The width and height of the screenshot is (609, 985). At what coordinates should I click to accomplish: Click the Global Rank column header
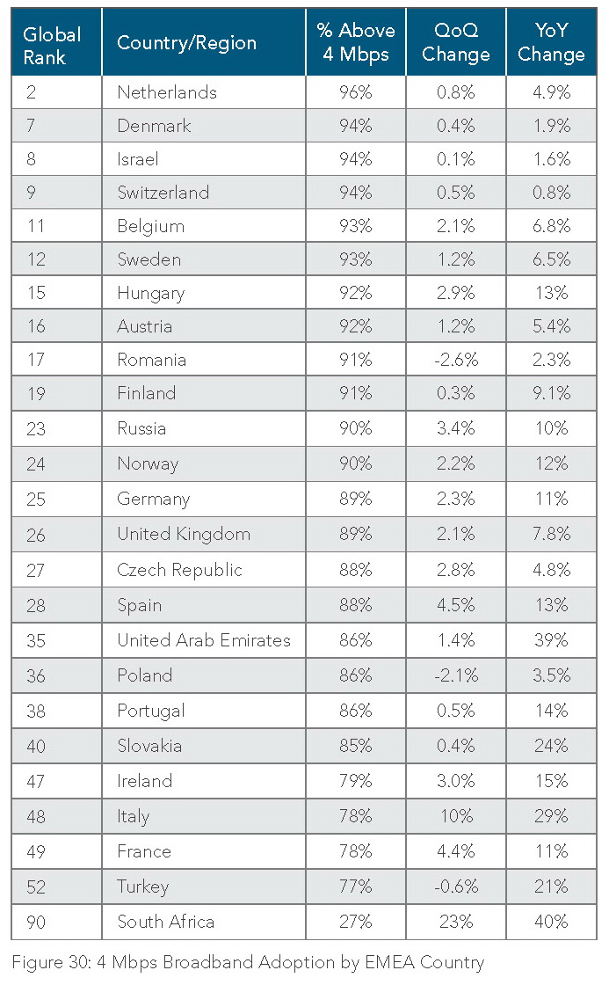[x=52, y=43]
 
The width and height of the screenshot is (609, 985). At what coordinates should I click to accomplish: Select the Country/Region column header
[x=186, y=43]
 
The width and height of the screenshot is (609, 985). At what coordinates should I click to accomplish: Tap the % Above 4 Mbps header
[x=356, y=42]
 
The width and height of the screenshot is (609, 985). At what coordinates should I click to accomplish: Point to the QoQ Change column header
[x=455, y=42]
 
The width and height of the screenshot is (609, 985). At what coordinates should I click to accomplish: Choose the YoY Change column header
[x=551, y=42]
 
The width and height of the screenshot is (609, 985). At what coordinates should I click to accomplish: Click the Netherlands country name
[x=167, y=92]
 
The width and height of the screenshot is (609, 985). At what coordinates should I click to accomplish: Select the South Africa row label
[x=165, y=922]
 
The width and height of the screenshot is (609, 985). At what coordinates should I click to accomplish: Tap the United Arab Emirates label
[x=204, y=640]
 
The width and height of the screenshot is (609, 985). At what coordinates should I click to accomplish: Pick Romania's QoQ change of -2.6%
[x=455, y=360]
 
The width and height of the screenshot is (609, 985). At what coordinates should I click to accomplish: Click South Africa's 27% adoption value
[x=356, y=922]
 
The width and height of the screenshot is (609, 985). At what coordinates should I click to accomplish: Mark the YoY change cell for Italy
[x=551, y=816]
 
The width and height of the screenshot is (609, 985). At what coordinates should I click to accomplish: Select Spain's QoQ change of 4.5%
[x=456, y=605]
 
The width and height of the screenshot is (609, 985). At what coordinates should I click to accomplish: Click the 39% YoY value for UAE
[x=551, y=640]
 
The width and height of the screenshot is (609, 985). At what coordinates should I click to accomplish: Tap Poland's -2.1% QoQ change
[x=455, y=675]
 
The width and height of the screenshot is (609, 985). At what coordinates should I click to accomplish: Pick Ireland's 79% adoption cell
[x=356, y=781]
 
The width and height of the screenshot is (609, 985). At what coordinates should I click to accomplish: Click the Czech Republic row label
[x=179, y=570]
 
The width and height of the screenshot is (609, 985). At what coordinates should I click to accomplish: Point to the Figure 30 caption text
[x=249, y=962]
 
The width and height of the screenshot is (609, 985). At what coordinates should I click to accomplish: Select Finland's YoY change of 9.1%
[x=551, y=393]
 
